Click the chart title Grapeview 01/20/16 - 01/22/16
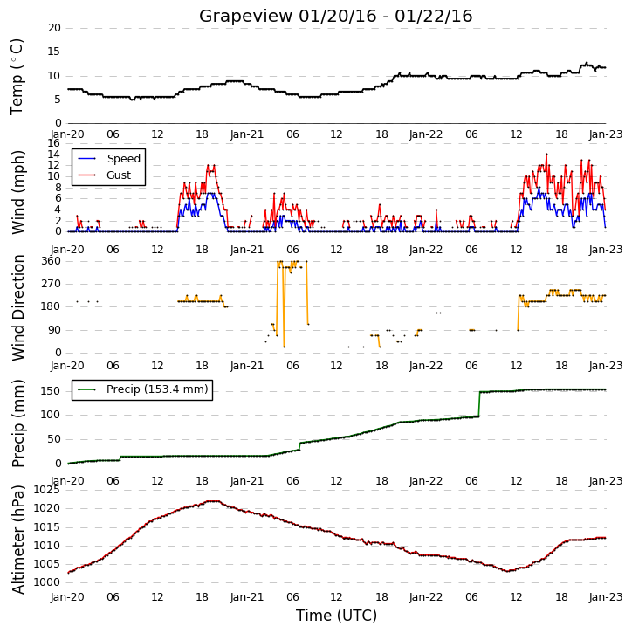[335, 16]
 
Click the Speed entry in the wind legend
[123, 159]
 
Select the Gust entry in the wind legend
[119, 175]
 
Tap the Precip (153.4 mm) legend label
[157, 389]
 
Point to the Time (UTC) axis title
[336, 616]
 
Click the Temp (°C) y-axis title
[17, 77]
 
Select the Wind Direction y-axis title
[18, 307]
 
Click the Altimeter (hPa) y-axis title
[18, 540]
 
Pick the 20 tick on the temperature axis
[54, 28]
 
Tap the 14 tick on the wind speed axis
[54, 155]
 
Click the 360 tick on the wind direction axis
[52, 261]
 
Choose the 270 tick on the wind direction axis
[52, 284]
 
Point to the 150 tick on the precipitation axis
[51, 391]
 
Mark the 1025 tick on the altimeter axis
[46, 490]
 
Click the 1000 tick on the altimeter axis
[46, 582]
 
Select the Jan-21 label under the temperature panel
[246, 134]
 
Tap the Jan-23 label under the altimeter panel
[606, 596]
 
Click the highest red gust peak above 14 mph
[546, 154]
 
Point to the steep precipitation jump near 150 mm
[479, 403]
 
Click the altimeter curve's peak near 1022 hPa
[214, 501]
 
